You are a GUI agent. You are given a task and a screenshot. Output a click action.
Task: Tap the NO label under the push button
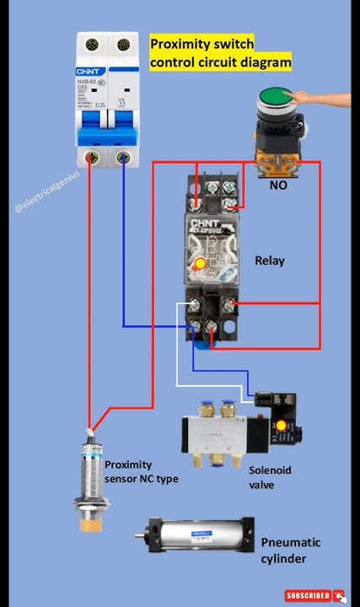tap(278, 184)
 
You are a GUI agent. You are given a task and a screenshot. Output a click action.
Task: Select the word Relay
tap(270, 261)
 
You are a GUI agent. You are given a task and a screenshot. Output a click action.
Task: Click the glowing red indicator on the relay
tap(200, 265)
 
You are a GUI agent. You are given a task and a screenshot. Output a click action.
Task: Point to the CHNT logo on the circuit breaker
tap(93, 73)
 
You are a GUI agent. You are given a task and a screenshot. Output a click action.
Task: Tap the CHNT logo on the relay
tap(207, 223)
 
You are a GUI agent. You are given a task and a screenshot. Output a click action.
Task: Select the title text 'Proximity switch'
tap(201, 44)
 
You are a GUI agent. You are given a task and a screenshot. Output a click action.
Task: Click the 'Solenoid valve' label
tap(269, 477)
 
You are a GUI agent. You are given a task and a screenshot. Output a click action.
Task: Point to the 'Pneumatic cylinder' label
tap(290, 551)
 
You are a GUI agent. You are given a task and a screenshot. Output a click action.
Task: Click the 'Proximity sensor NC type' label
tap(141, 472)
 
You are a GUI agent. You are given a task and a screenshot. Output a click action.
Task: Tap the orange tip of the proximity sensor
tap(87, 525)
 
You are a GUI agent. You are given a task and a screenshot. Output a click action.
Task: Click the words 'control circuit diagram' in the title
tap(221, 62)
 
